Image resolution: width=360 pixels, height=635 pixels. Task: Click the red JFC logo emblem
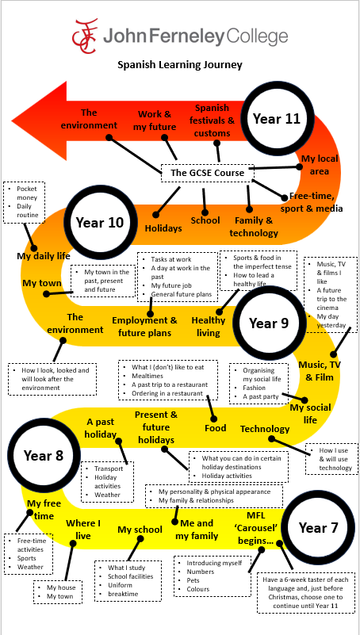[85, 36]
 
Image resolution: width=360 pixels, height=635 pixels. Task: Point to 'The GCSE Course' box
[207, 173]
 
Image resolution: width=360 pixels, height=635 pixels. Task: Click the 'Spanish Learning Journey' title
[180, 64]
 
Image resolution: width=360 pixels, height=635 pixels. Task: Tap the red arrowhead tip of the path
[12, 120]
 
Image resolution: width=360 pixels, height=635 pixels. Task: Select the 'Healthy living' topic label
[209, 327]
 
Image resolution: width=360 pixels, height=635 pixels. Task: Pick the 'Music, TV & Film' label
[320, 370]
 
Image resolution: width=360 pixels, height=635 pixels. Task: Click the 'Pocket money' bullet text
[27, 193]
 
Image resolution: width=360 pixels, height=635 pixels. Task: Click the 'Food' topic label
[215, 427]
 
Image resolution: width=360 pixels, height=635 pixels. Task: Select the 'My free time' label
[44, 510]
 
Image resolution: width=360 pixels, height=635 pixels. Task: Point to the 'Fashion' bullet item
[255, 388]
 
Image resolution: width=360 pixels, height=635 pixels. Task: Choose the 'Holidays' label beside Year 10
[163, 228]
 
